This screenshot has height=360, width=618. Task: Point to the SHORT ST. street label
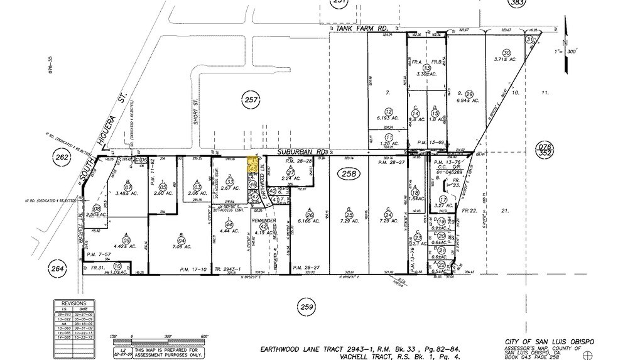[195, 114]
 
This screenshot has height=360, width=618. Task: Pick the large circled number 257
[251, 99]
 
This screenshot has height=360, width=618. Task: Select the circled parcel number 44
[229, 224]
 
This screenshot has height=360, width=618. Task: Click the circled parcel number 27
[290, 172]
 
